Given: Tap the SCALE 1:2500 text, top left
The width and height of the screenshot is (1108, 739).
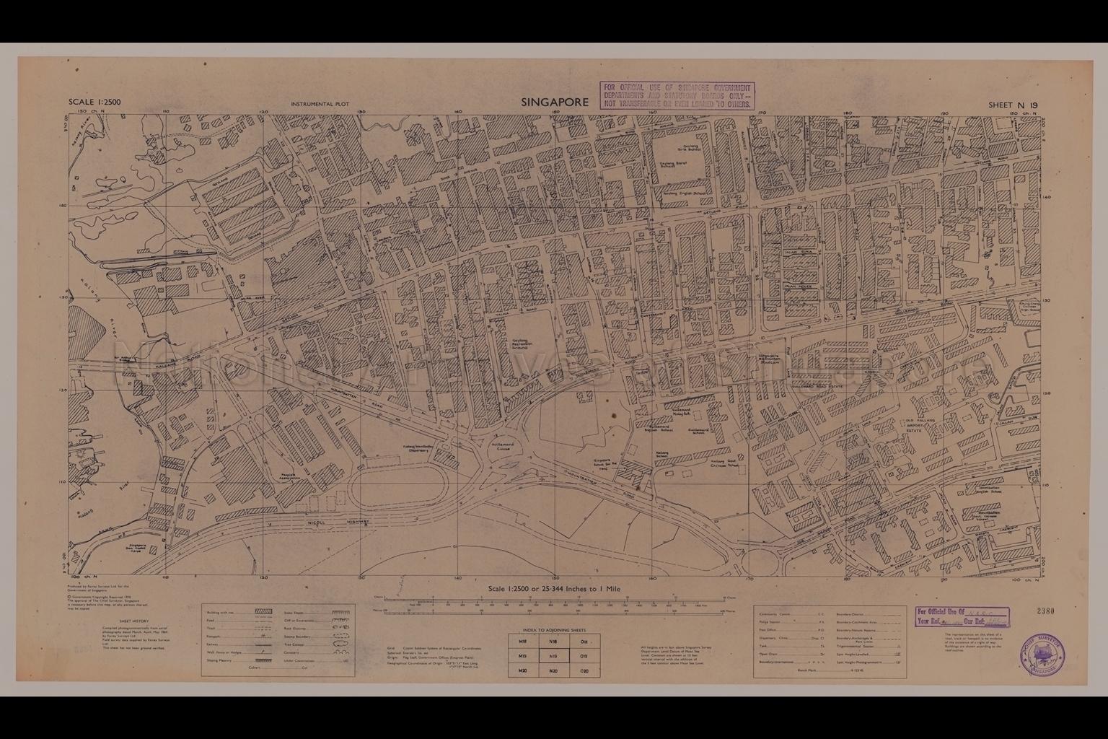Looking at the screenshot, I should (x=94, y=102).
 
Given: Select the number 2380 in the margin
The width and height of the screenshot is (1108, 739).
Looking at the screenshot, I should (x=1045, y=612).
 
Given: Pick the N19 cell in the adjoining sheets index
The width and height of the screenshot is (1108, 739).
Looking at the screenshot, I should (x=553, y=656).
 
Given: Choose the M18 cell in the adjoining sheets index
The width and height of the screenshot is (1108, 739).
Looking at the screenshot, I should (x=522, y=641).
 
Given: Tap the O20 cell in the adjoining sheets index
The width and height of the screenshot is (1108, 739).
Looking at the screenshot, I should (x=584, y=671).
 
